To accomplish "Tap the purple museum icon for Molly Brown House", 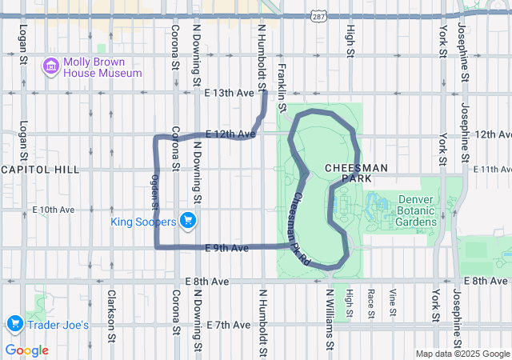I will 51,65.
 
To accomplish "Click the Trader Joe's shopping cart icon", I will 14,324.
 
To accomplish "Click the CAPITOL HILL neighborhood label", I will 40,170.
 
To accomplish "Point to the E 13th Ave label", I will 229,94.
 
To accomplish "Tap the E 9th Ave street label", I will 226,249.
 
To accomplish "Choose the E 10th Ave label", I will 54,210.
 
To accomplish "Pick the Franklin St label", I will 282,86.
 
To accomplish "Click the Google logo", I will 27,350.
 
